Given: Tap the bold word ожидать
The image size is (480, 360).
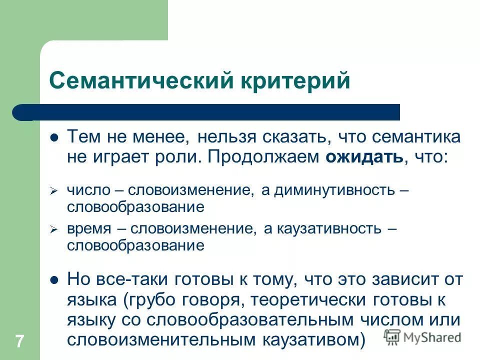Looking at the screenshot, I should click(364, 157).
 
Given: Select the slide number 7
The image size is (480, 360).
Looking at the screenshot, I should click(19, 342).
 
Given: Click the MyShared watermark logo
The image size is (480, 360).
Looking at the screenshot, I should click(422, 336).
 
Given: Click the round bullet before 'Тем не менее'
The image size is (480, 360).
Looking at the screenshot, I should click(55, 137).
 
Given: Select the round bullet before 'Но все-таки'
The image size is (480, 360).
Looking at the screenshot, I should click(55, 279).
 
